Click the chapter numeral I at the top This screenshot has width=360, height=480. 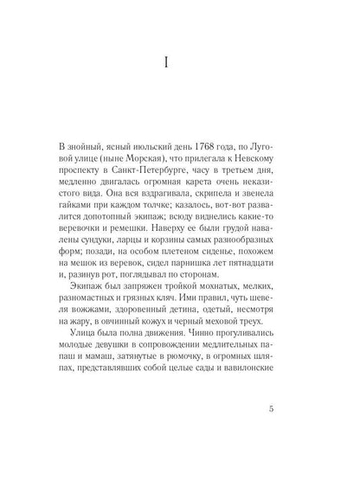(x=179, y=63)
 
